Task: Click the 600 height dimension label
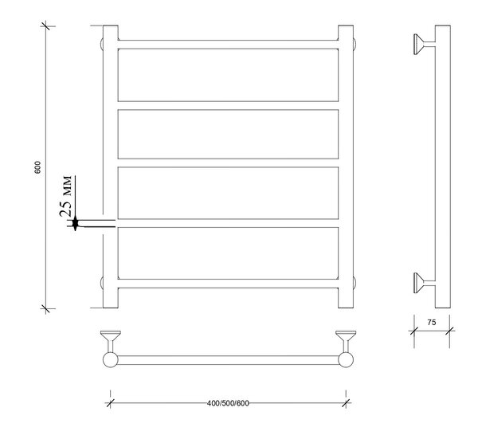pyautogui.click(x=37, y=167)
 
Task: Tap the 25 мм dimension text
pyautogui.click(x=66, y=196)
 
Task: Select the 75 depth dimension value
pyautogui.click(x=432, y=322)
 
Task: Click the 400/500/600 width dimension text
pyautogui.click(x=228, y=403)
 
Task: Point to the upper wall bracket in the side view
pyautogui.click(x=424, y=44)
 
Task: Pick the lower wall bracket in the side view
pyautogui.click(x=424, y=283)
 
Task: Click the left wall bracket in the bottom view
pyautogui.click(x=111, y=341)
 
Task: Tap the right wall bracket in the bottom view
pyautogui.click(x=346, y=341)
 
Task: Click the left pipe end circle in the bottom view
pyautogui.click(x=111, y=359)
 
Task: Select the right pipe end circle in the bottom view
pyautogui.click(x=346, y=359)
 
